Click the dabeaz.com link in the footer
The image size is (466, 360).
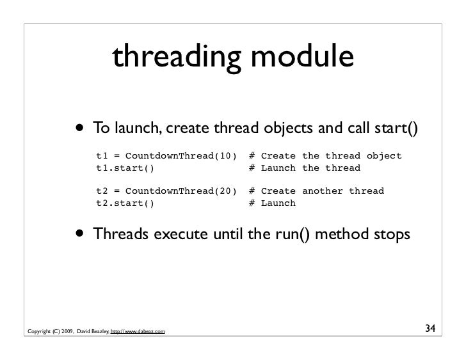coord(138,331)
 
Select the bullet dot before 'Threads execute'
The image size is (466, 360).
coord(82,235)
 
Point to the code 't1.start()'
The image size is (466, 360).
coord(125,168)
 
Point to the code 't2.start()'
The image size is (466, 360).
coord(125,203)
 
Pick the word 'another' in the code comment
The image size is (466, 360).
coord(323,191)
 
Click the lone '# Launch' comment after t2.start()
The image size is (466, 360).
coord(272,203)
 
